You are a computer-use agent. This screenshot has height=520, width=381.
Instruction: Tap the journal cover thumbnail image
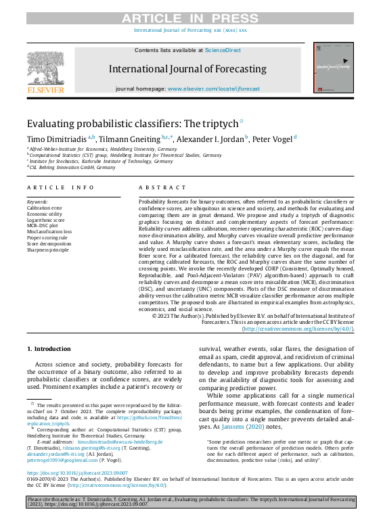334,68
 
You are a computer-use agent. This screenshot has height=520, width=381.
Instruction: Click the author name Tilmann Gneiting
129,138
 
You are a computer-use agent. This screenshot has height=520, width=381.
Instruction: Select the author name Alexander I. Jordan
207,138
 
